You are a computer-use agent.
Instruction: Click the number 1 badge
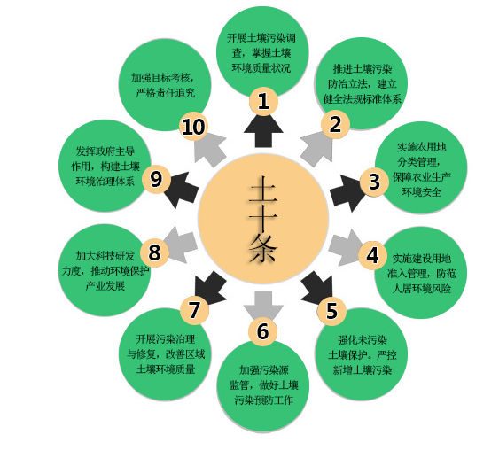263,102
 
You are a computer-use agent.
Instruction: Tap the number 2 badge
335,124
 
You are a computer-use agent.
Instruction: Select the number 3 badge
374,182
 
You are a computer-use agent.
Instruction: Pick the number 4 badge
372,255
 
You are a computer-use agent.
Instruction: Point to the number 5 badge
331,311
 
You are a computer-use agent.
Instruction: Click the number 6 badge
263,331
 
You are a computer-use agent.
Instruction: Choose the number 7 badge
194,310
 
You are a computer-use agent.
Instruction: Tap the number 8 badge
155,252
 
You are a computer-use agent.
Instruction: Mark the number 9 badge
156,179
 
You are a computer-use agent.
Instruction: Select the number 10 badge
193,127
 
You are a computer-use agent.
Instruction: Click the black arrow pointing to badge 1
263,130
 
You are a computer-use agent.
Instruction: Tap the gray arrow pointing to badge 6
263,306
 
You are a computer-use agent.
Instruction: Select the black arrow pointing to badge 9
182,190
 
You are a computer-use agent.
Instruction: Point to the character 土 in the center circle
263,190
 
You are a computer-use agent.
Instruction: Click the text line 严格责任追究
166,93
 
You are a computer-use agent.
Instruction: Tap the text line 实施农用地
421,147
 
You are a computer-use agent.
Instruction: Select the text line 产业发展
105,286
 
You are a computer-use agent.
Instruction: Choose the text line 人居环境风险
421,289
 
